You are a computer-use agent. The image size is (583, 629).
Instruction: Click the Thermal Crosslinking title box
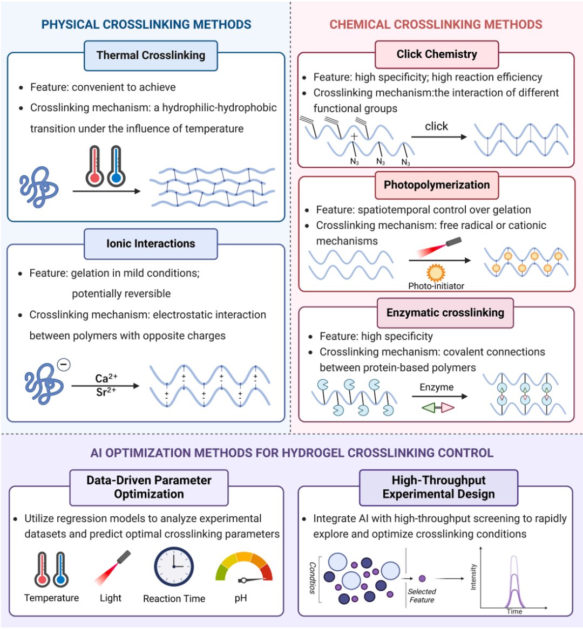(x=151, y=56)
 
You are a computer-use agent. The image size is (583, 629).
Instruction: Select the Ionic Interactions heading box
(x=151, y=244)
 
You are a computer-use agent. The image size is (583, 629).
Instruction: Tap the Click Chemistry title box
(x=437, y=54)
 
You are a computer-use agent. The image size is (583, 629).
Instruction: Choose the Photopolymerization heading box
(x=437, y=185)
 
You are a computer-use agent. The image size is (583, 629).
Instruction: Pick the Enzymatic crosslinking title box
(x=445, y=313)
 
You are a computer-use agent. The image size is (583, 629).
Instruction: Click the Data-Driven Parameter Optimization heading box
(x=149, y=487)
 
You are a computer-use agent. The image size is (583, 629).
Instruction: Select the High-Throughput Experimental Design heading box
(x=438, y=487)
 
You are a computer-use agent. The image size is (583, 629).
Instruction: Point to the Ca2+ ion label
(x=106, y=378)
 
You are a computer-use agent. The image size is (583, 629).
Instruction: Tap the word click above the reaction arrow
(x=437, y=126)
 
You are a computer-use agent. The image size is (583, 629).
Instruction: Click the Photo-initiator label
(x=436, y=286)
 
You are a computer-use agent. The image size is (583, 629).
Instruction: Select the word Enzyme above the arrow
(x=437, y=387)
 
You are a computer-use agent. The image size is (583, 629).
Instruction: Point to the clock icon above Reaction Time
(x=174, y=567)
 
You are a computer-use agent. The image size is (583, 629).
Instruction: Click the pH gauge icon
(x=244, y=570)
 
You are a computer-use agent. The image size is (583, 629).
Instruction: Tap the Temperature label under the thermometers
(x=51, y=598)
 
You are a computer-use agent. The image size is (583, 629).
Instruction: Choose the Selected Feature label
(x=422, y=596)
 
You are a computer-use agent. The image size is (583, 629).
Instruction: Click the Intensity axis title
(x=474, y=577)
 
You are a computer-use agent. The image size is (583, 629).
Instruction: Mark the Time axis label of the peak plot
(x=514, y=611)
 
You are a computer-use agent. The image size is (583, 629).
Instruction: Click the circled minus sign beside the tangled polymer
(x=64, y=365)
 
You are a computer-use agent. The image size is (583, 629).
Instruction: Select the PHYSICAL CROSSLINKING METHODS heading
(x=146, y=25)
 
